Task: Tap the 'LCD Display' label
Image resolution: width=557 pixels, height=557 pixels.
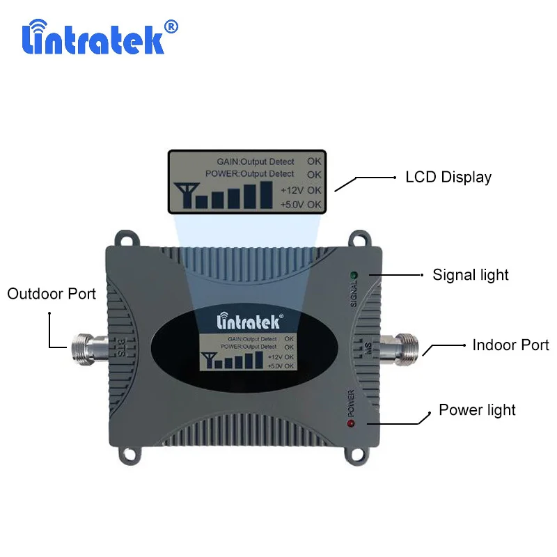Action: point(448,177)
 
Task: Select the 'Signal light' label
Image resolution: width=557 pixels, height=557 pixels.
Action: point(471,275)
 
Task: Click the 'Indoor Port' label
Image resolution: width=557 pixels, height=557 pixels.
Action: point(510,345)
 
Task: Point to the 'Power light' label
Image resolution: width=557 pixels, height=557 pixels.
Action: point(477,409)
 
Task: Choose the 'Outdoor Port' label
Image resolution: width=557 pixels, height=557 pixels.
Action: point(52,294)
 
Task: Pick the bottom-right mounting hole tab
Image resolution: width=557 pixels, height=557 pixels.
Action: point(357,453)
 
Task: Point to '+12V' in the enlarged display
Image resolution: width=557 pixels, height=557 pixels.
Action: point(292,189)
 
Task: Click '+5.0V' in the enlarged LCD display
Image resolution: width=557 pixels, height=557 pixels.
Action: point(292,204)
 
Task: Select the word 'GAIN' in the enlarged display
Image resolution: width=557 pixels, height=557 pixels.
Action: point(228,162)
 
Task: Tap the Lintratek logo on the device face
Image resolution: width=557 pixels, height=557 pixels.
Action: point(247,322)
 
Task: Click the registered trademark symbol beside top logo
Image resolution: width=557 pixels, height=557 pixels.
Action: point(171,26)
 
